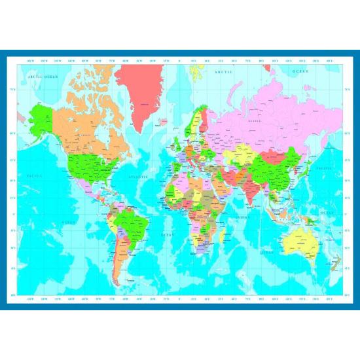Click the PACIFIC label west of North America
35,175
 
